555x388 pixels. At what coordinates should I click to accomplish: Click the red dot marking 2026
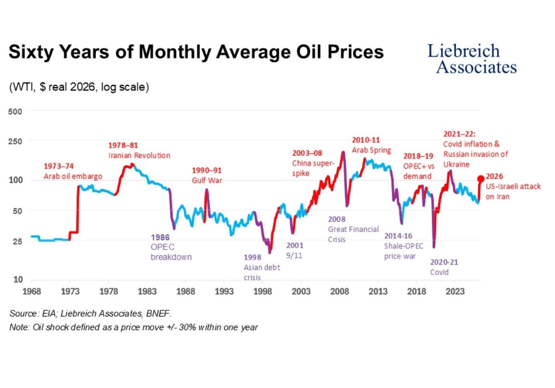click(x=481, y=179)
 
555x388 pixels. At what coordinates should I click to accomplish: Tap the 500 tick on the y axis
click(x=15, y=112)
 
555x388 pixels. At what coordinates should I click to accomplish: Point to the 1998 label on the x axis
click(x=262, y=292)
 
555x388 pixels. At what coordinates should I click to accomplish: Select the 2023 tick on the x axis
click(x=455, y=292)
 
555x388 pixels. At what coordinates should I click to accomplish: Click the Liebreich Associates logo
click(x=472, y=59)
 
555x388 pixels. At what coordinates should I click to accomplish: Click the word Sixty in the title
click(x=31, y=52)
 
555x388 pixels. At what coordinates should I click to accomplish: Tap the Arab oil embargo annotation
click(x=73, y=176)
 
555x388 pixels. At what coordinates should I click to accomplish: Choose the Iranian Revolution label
click(x=139, y=155)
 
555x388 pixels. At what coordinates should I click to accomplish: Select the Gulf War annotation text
click(x=207, y=180)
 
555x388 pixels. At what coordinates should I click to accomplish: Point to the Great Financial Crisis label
click(x=353, y=234)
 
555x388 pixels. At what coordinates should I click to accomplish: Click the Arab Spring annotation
click(x=372, y=150)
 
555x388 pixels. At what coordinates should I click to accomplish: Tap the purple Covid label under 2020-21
click(x=439, y=272)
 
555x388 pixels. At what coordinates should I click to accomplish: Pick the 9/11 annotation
click(x=294, y=256)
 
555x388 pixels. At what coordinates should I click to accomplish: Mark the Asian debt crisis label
click(x=262, y=272)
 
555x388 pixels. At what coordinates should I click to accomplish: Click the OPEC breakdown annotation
click(x=171, y=252)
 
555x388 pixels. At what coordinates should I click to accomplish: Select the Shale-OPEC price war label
click(x=404, y=251)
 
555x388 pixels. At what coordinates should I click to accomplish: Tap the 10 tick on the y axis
click(x=18, y=280)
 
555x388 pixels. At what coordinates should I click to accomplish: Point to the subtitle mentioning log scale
click(x=79, y=87)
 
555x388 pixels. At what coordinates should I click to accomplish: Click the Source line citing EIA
click(x=90, y=314)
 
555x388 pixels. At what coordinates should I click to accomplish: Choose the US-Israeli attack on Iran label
click(x=513, y=192)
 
